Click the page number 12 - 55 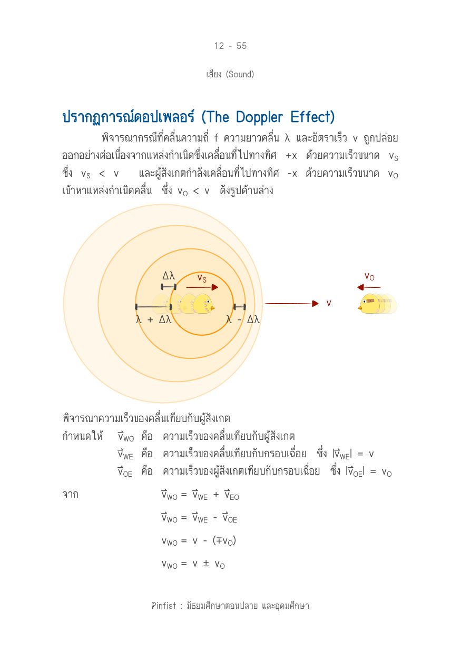[x=230, y=46]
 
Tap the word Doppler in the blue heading [x=259, y=118]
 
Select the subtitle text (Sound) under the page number [x=240, y=74]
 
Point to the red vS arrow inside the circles [x=202, y=287]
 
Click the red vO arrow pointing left [x=369, y=287]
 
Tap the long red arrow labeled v [x=291, y=304]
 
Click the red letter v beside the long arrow [x=329, y=304]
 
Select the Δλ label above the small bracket [x=169, y=276]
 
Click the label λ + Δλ [x=153, y=320]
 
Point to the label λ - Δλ [x=242, y=320]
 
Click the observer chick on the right [x=377, y=304]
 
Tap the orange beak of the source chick [x=212, y=307]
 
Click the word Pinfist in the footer [x=163, y=606]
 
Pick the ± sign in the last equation [x=206, y=563]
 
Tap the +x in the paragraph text [x=291, y=156]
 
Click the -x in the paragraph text [x=292, y=174]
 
